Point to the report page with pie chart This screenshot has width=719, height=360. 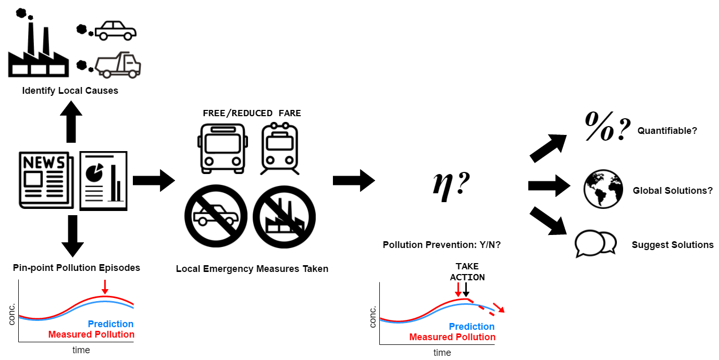(x=103, y=181)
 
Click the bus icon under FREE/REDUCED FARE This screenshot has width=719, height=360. (x=223, y=148)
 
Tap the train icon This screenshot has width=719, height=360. (x=280, y=148)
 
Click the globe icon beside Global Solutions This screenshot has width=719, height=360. (x=603, y=189)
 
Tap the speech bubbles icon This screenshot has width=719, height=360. (x=596, y=244)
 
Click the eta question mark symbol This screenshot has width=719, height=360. (x=451, y=186)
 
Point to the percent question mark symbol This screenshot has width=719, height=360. (x=608, y=127)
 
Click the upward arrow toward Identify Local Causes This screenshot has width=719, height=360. (x=71, y=121)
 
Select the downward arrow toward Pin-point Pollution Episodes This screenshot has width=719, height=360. (x=72, y=236)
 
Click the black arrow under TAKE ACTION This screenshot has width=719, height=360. (x=466, y=290)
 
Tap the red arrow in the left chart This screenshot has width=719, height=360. (x=105, y=287)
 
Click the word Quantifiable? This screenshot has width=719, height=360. (x=667, y=131)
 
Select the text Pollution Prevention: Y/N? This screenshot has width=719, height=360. (x=442, y=245)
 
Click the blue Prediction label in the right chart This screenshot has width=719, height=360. (x=472, y=326)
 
